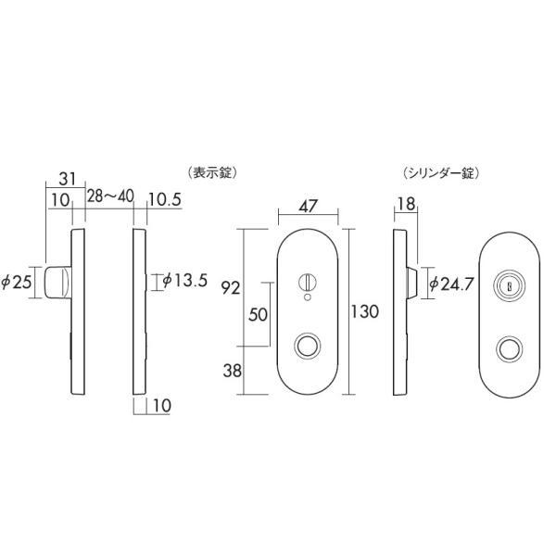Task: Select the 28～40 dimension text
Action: pos(110,196)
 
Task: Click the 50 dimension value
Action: pos(259,314)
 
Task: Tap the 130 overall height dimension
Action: pos(365,312)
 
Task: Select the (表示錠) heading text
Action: pos(213,172)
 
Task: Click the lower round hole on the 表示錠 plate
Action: pos(307,347)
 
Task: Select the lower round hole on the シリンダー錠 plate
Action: pos(507,349)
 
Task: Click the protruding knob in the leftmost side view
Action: pos(58,281)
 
